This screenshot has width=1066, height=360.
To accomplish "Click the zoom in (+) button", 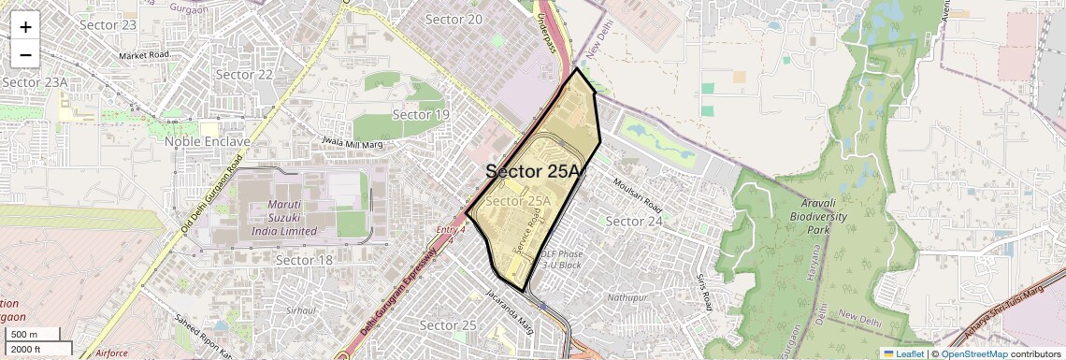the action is (25, 27).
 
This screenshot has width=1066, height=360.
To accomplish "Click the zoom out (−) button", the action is (25, 54).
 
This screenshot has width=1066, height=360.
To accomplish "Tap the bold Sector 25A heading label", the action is (533, 172).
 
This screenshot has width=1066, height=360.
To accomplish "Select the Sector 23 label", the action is (108, 24).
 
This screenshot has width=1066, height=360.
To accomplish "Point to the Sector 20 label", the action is (454, 20).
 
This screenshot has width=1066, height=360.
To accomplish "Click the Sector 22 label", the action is (244, 75).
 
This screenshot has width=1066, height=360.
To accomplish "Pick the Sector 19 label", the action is (421, 115).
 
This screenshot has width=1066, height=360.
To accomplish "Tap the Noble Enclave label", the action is (207, 141).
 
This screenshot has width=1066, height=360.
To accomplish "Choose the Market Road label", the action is (144, 56).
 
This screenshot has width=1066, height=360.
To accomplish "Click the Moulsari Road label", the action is (639, 194).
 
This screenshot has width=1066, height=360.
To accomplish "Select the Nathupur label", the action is (627, 297).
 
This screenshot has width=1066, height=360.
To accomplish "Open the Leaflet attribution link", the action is (903, 353).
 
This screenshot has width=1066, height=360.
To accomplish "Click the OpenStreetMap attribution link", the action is (973, 353).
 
